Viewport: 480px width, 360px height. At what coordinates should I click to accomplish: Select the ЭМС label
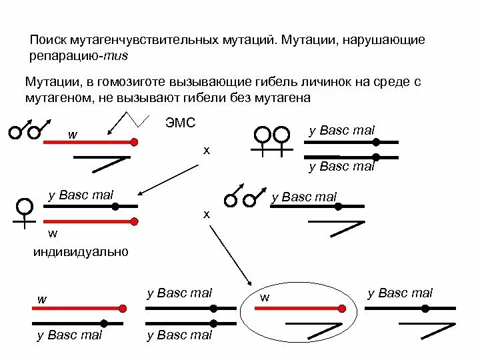179,124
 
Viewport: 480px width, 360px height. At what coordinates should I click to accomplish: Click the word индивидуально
81,252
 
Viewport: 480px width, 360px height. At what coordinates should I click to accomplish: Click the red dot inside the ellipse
342,308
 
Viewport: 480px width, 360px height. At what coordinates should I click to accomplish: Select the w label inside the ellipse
265,297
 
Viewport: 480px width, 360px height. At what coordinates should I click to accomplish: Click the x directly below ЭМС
207,151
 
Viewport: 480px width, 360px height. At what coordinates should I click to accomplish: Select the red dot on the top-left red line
135,142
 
